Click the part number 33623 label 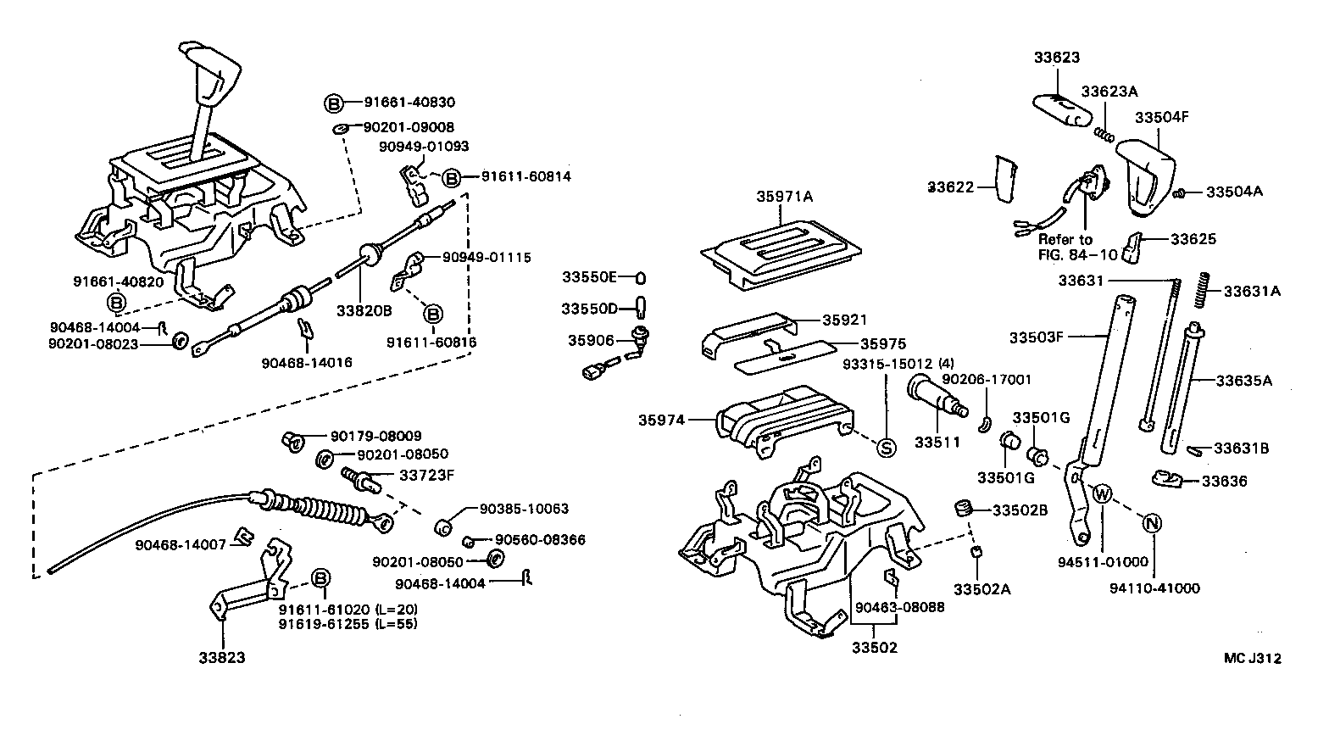point(1057,58)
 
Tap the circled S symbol point(884,448)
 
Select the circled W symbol point(1102,493)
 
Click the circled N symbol point(1152,523)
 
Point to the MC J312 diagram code point(1252,658)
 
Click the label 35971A point(784,197)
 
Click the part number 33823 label point(222,657)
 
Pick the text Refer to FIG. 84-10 point(1065,247)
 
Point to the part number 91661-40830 point(409,103)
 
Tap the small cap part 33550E point(642,277)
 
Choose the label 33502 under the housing point(874,648)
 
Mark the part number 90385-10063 point(523,509)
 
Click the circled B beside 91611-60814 point(452,178)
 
